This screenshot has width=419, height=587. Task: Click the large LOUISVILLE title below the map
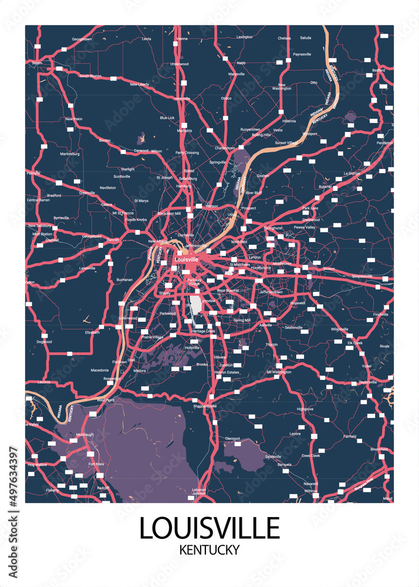pyautogui.click(x=209, y=528)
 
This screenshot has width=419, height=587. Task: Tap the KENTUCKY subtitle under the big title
pyautogui.click(x=209, y=549)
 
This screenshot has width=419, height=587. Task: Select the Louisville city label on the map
pyautogui.click(x=186, y=259)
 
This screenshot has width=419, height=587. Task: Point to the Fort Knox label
pyautogui.click(x=96, y=464)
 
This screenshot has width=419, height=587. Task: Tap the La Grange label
pyautogui.click(x=352, y=174)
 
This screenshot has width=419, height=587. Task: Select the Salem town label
pyautogui.click(x=37, y=62)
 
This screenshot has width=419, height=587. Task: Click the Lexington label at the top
pyautogui.click(x=244, y=36)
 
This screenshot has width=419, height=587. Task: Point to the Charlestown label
pyautogui.click(x=225, y=148)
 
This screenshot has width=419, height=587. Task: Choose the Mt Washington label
pyautogui.click(x=279, y=372)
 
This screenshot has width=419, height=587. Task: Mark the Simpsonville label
pyautogui.click(x=362, y=276)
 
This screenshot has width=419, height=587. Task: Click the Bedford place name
pyautogui.click(x=379, y=70)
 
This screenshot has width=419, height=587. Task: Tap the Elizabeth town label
pyautogui.click(x=92, y=332)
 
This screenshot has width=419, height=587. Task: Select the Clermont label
pyautogui.click(x=232, y=438)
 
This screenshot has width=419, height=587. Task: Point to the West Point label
pyautogui.click(x=105, y=400)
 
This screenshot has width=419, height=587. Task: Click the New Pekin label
pyautogui.click(x=73, y=119)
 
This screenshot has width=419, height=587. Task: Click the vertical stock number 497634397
pyautogui.click(x=12, y=479)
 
